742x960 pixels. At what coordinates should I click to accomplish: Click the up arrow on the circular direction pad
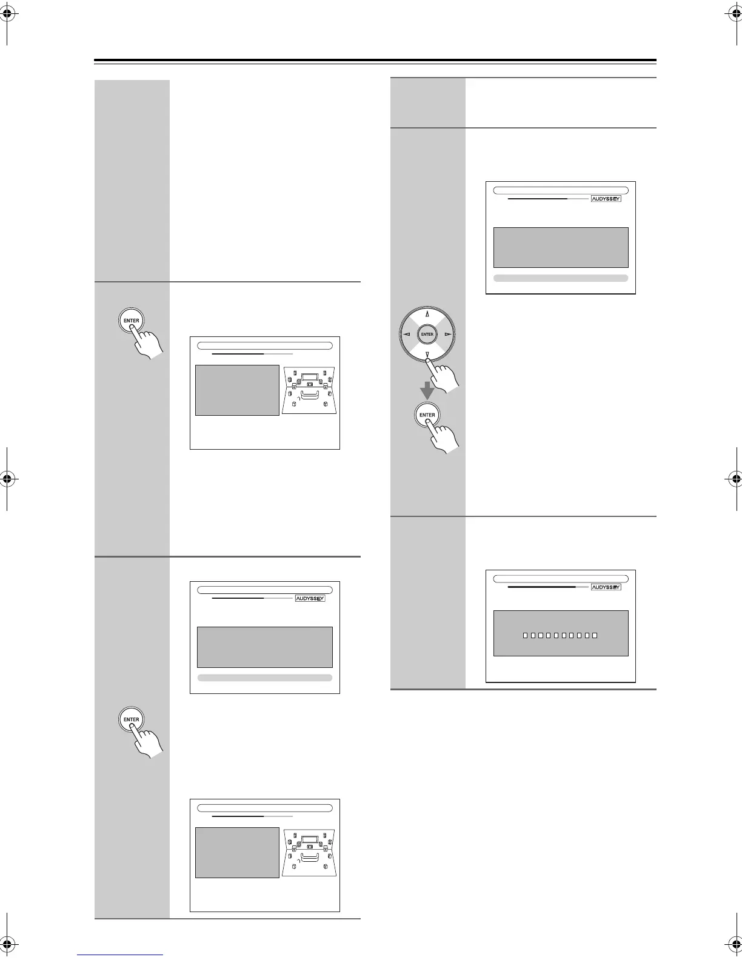(x=427, y=314)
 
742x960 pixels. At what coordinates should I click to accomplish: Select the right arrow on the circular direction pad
(x=448, y=334)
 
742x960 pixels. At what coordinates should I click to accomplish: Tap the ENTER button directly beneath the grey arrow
(x=427, y=415)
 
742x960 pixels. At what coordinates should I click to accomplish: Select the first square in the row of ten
(x=524, y=635)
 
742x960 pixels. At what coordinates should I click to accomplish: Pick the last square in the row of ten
(x=595, y=635)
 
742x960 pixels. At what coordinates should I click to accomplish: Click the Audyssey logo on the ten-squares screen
(x=606, y=587)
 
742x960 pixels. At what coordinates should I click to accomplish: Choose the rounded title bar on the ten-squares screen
(x=561, y=579)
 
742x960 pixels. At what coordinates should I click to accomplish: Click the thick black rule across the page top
(x=375, y=60)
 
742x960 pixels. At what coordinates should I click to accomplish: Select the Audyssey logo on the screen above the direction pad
(x=606, y=198)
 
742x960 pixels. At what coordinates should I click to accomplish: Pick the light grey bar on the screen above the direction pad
(x=561, y=278)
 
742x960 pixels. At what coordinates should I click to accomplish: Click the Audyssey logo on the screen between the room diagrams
(x=310, y=598)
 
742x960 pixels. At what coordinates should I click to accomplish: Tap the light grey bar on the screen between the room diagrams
(x=265, y=678)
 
